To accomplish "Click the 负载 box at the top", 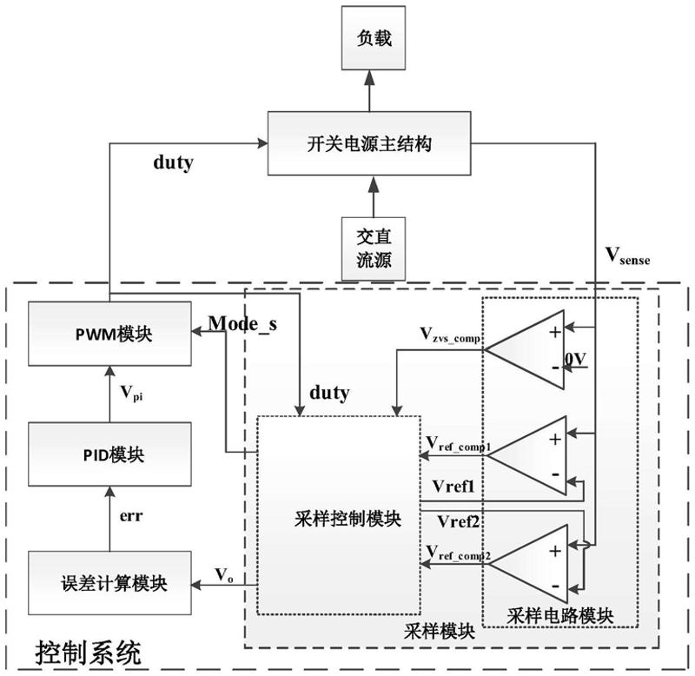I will click(x=372, y=38).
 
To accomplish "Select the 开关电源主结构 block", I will click(x=370, y=145).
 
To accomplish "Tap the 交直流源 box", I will click(x=372, y=249).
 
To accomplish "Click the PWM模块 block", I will click(x=109, y=335).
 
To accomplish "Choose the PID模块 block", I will click(x=109, y=454).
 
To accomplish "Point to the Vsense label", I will click(x=627, y=256).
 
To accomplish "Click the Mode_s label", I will click(x=244, y=325).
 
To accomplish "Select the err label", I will click(x=129, y=515).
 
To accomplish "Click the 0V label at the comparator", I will click(x=574, y=358).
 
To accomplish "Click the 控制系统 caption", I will click(x=88, y=651).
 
